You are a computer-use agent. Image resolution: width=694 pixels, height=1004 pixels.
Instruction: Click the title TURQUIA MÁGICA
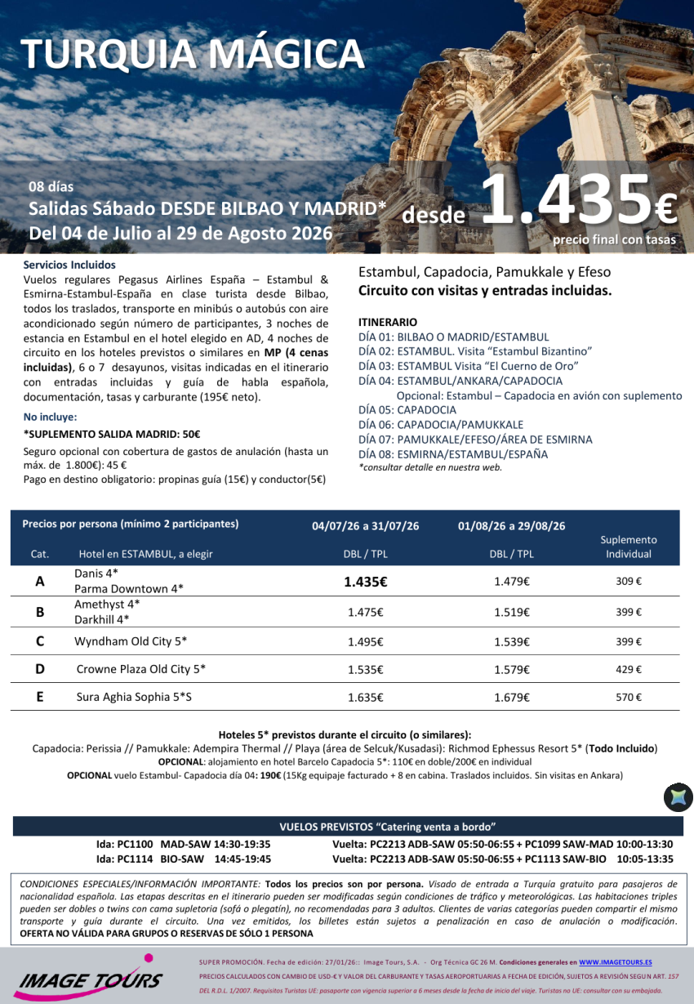tap(193, 54)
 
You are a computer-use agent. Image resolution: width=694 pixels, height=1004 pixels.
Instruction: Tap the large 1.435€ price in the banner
tap(578, 201)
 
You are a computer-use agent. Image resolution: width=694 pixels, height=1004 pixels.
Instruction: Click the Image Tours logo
tap(87, 977)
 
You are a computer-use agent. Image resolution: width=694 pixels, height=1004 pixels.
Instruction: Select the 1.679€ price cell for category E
tap(512, 698)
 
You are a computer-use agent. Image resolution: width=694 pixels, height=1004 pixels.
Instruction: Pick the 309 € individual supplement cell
tap(628, 582)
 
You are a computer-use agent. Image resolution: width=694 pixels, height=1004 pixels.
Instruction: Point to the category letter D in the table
tap(40, 669)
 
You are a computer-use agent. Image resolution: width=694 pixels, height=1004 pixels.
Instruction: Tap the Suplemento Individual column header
tap(628, 547)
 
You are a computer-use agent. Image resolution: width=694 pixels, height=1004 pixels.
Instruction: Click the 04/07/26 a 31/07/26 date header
tap(365, 526)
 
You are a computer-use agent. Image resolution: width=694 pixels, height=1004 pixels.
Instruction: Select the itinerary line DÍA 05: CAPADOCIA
tap(407, 410)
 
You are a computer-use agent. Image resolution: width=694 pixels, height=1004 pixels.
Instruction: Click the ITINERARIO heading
tap(388, 322)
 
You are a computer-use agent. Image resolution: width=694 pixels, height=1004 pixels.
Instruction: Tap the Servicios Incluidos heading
tap(69, 265)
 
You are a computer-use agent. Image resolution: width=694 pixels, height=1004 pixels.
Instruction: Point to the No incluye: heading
tap(50, 417)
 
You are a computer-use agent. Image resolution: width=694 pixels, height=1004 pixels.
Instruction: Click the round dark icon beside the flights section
tap(678, 797)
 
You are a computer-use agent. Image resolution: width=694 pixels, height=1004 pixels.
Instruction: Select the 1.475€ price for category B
tap(365, 612)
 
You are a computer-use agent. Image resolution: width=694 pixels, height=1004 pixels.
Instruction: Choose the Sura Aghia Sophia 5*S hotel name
tap(134, 697)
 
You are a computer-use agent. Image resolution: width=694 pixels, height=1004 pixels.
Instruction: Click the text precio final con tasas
tap(614, 239)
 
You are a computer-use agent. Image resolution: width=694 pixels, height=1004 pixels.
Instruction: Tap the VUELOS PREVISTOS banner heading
tap(347, 826)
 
